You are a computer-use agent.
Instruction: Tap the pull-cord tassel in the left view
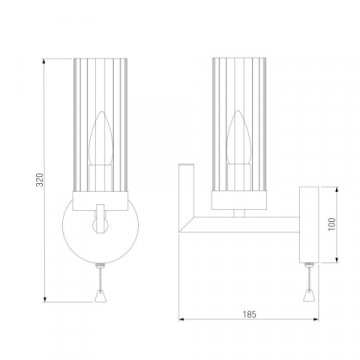coord(101,297)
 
